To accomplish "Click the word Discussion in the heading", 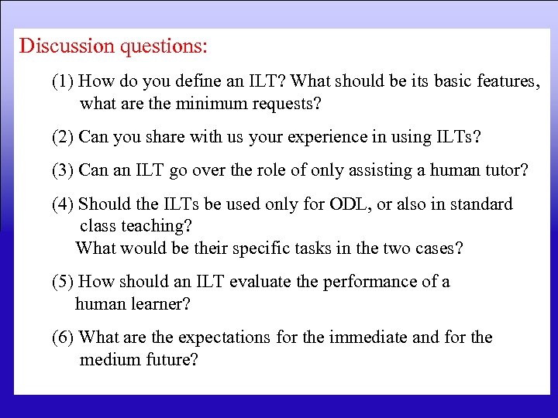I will (x=67, y=46).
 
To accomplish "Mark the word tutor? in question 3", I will (x=505, y=170).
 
